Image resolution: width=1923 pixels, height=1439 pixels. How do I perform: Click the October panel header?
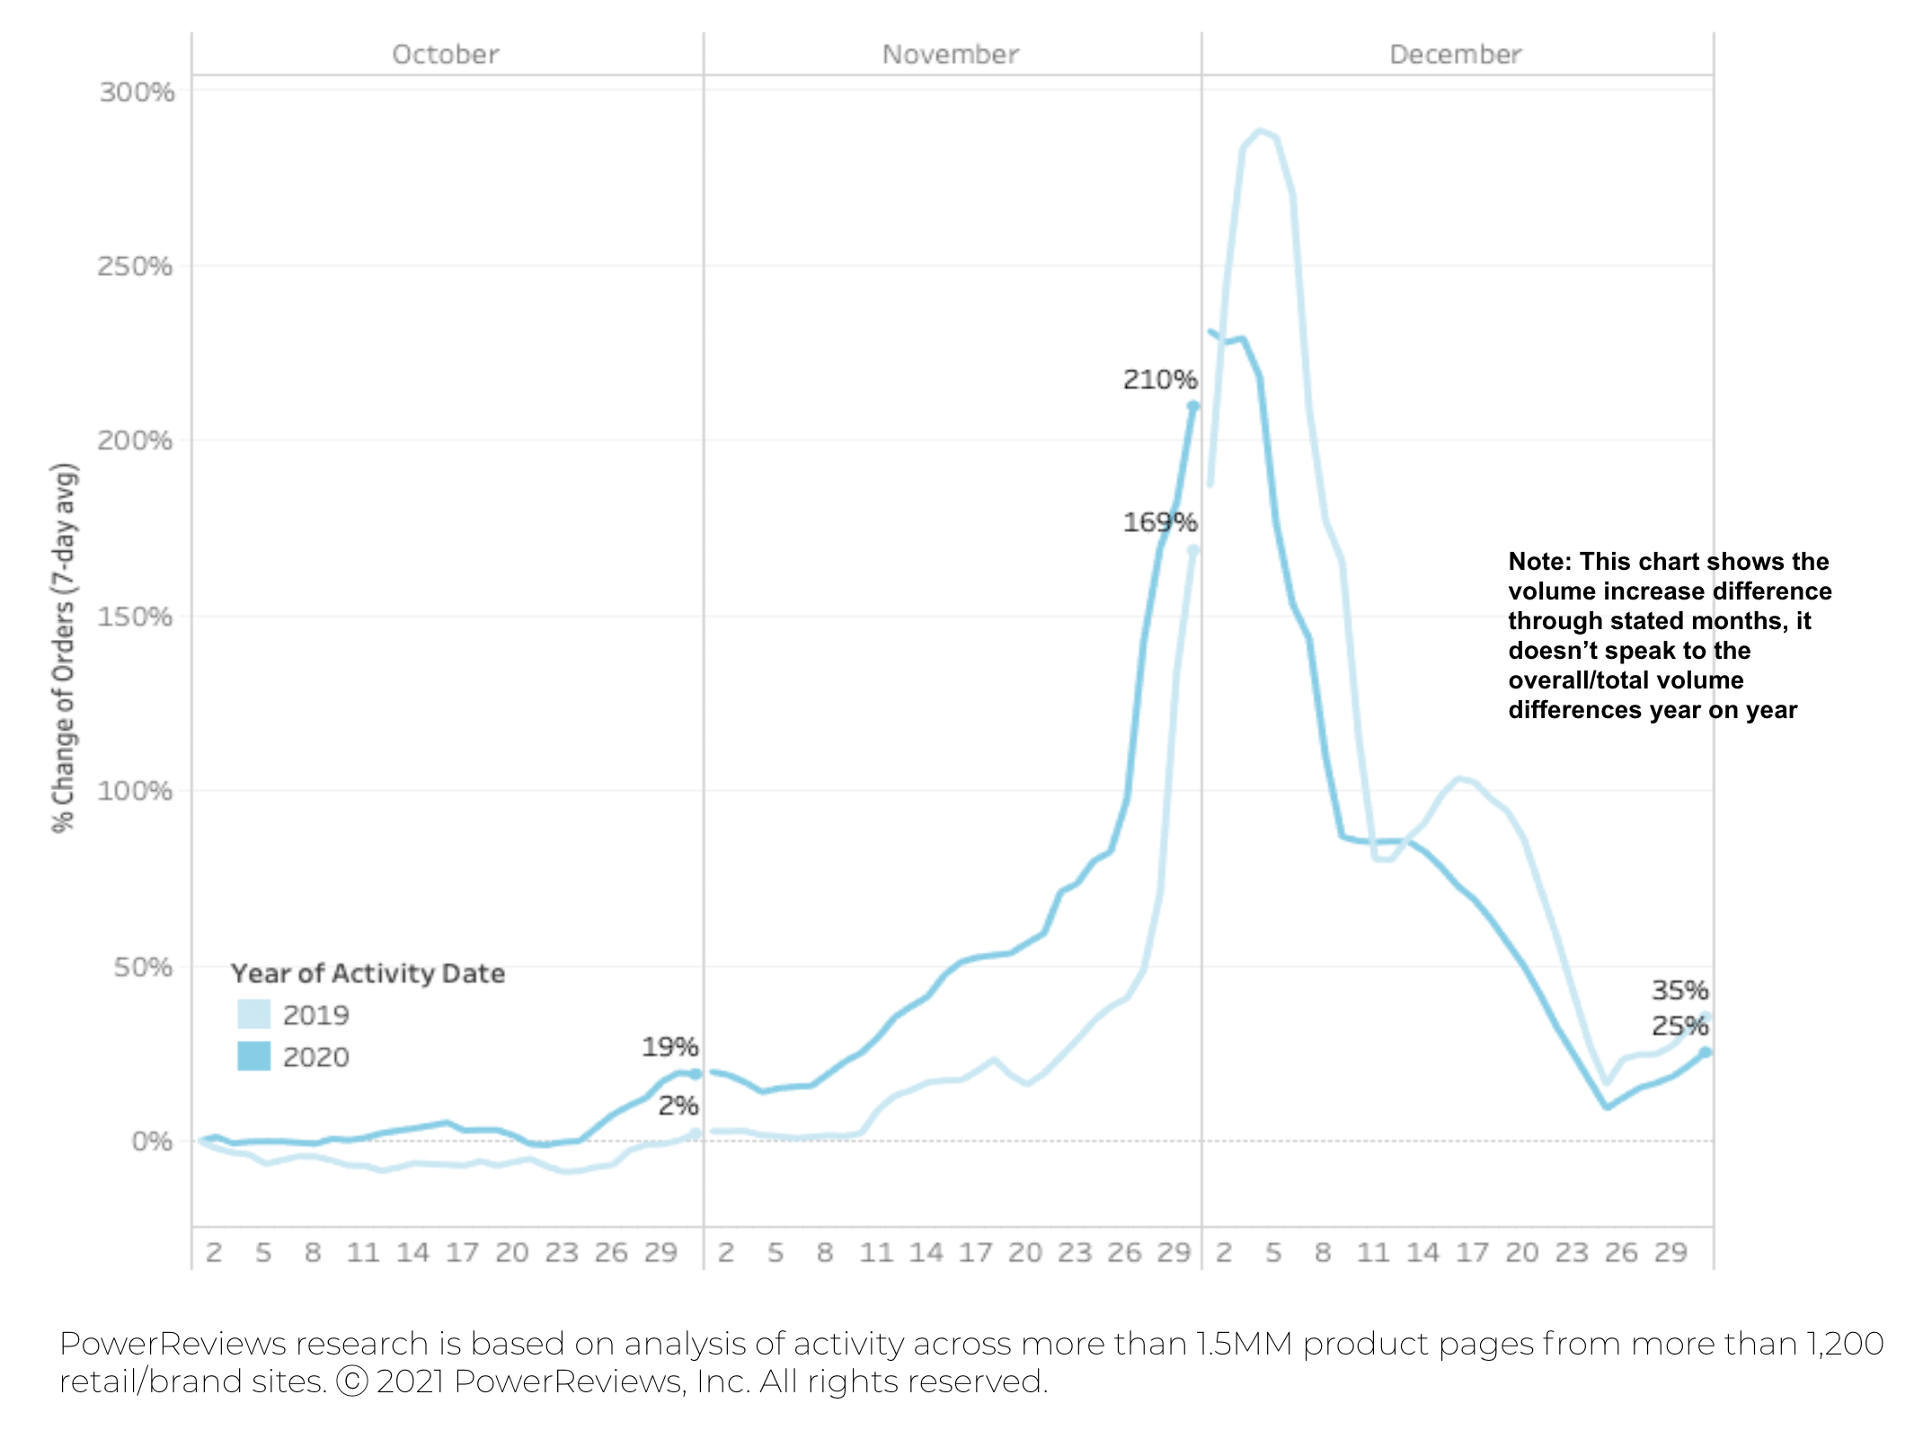coord(445,54)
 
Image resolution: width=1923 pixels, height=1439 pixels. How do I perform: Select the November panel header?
coord(950,54)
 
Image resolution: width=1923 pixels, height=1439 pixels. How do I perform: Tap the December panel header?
coord(1455,54)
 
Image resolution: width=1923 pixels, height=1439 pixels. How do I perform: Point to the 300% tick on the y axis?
coord(137,92)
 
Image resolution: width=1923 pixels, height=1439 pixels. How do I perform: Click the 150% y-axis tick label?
coord(135,617)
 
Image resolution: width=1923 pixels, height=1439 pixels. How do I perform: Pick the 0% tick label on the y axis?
coord(152,1141)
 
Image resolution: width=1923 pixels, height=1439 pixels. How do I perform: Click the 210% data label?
coord(1159,379)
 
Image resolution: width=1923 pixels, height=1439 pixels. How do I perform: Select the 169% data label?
coord(1159,521)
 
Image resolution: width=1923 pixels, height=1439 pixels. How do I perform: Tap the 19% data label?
coord(669,1046)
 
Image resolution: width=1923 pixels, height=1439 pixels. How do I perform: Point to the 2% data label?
coord(678,1105)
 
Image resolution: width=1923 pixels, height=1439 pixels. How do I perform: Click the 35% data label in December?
coord(1679,990)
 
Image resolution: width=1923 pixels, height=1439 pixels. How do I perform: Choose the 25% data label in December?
coord(1679,1025)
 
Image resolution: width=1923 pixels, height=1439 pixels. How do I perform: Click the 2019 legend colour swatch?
coord(253,1014)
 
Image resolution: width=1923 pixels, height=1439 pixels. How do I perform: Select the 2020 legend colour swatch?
coord(253,1056)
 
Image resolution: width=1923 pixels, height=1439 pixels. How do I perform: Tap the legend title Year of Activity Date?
coord(368,973)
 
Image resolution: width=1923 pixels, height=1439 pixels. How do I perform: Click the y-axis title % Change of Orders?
coord(64,647)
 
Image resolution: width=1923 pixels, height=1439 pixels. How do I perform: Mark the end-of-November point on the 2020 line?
coord(1193,406)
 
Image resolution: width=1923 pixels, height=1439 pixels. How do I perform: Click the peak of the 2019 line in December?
coord(1260,131)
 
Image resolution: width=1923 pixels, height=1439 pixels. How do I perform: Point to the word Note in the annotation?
coord(1538,561)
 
